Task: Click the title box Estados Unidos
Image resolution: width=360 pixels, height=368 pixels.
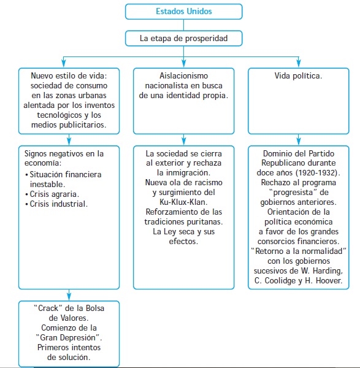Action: (x=183, y=12)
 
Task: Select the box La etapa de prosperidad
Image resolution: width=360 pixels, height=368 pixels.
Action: (x=183, y=38)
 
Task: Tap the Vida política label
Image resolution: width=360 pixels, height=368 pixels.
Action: (x=298, y=76)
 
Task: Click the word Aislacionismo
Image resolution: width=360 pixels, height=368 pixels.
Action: (x=183, y=76)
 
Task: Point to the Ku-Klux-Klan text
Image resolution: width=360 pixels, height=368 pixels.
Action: (x=183, y=202)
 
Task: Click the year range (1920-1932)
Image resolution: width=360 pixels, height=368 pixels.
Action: (x=318, y=173)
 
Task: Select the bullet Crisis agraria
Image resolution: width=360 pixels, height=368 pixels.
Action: (x=52, y=194)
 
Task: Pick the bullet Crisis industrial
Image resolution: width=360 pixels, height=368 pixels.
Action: (x=56, y=204)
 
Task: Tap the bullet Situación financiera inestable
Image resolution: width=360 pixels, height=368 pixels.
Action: (x=63, y=179)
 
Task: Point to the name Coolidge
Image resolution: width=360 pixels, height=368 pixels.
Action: (x=278, y=281)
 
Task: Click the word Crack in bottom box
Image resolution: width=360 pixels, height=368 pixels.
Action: (x=48, y=308)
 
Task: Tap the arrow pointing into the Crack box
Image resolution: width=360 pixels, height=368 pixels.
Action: (x=69, y=295)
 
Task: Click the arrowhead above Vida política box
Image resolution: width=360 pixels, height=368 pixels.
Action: (x=298, y=63)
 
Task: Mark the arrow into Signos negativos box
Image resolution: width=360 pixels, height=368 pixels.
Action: (x=69, y=140)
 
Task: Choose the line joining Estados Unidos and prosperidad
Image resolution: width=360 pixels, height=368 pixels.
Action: (x=183, y=25)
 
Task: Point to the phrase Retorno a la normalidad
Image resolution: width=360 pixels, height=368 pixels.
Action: (x=298, y=251)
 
